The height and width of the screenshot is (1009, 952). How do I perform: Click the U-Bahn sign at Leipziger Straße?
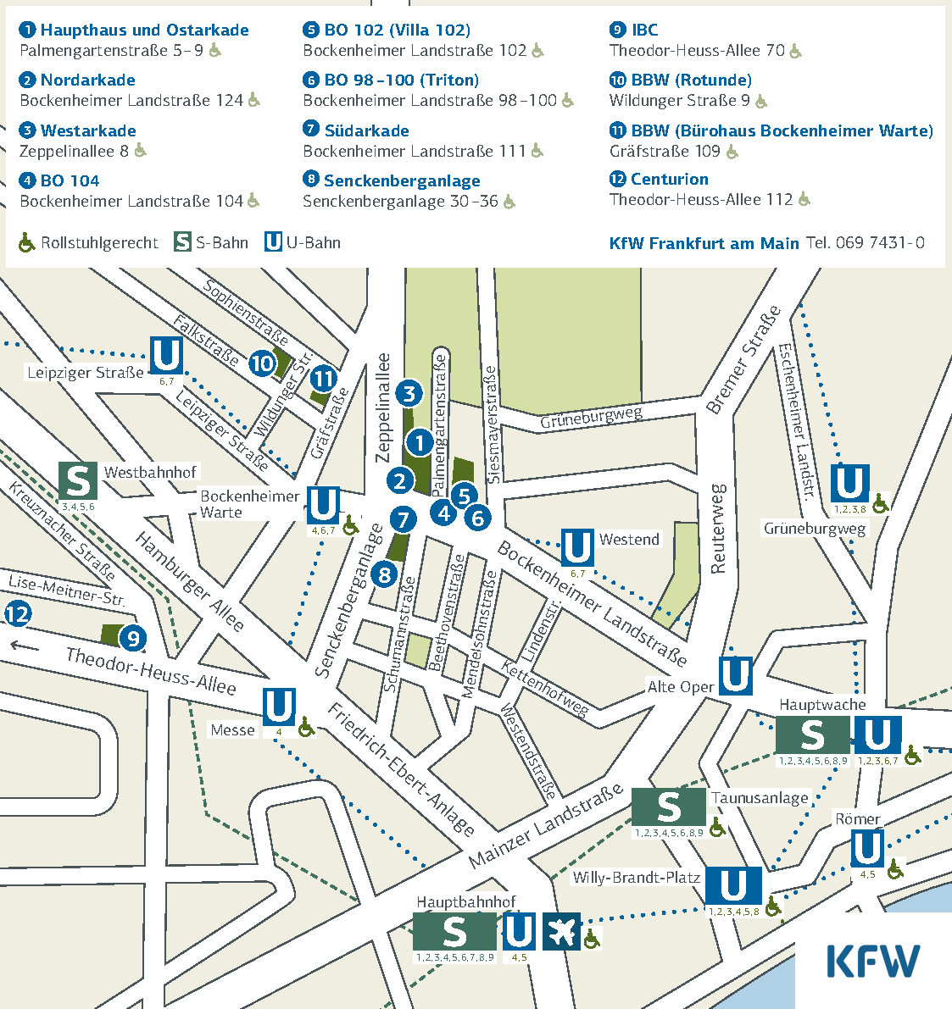tap(167, 356)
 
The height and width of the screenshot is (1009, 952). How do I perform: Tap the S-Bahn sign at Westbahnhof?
tap(77, 481)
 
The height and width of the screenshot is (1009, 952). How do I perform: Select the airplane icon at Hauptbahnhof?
tap(561, 931)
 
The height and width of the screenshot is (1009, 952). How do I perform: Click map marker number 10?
tap(263, 364)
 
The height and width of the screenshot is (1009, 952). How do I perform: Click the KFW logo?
tap(872, 961)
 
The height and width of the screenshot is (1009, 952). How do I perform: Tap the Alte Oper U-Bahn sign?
tap(735, 676)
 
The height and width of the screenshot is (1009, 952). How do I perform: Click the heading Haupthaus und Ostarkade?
tap(144, 30)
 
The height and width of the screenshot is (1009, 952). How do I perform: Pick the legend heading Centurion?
tap(669, 180)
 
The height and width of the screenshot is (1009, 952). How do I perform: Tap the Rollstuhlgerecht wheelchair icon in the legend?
tap(27, 243)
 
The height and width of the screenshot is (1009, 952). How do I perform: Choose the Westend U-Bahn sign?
tap(577, 547)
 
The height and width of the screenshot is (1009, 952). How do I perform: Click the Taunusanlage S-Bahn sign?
tap(669, 807)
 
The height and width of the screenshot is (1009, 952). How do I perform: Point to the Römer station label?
tap(858, 819)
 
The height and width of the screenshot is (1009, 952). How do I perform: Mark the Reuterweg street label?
tap(718, 529)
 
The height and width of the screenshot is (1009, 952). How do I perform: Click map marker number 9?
tap(132, 638)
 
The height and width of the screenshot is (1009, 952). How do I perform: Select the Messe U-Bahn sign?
tap(279, 707)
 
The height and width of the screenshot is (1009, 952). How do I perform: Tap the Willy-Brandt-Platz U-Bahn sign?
tap(732, 886)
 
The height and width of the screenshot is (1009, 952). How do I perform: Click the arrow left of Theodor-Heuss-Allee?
tap(25, 646)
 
